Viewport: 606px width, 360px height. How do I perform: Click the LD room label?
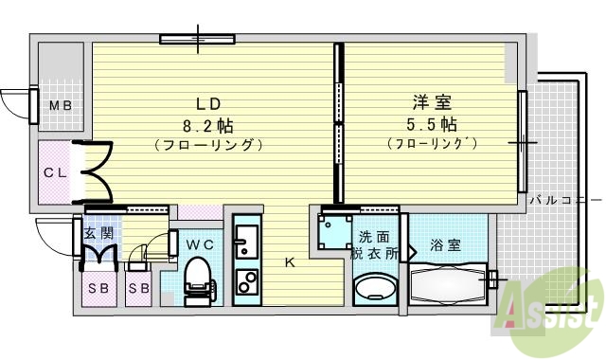[208, 103]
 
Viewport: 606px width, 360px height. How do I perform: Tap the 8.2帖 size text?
[208, 125]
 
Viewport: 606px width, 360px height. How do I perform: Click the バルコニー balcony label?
[565, 200]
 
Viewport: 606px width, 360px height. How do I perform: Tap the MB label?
[60, 106]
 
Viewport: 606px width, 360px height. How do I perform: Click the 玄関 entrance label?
[98, 233]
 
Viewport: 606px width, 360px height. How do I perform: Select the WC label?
[200, 244]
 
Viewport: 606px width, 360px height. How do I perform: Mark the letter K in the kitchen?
[290, 263]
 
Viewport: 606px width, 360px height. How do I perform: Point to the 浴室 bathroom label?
[445, 245]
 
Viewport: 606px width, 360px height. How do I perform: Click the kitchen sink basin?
[246, 241]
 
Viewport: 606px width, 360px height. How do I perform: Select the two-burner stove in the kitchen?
[246, 282]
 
